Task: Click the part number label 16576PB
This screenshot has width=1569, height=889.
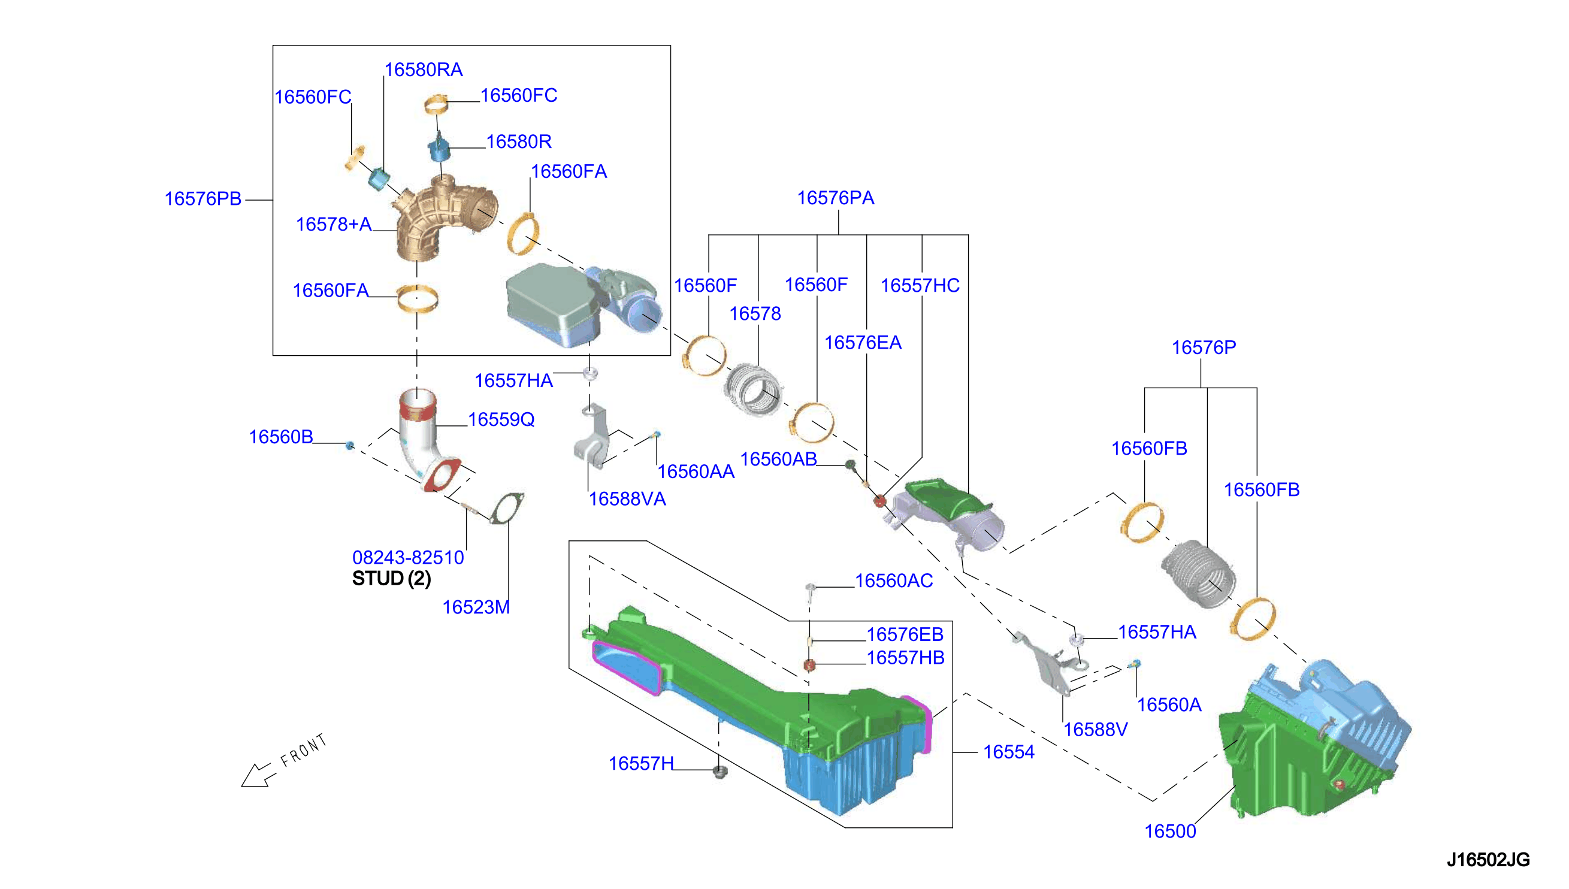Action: click(202, 199)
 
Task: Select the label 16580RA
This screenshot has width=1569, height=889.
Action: click(423, 69)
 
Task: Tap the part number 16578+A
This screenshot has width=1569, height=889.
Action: click(333, 225)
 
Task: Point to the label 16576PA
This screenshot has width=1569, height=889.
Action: click(835, 198)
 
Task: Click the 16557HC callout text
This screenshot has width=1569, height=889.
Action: click(920, 285)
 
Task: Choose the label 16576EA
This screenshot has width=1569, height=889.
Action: click(863, 343)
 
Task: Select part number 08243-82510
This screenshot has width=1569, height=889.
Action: click(408, 558)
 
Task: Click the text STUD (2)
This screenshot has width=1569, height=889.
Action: click(391, 578)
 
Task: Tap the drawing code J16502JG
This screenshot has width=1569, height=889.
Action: click(1488, 860)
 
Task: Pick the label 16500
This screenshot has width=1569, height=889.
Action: click(1170, 831)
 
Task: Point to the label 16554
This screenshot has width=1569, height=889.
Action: click(1008, 752)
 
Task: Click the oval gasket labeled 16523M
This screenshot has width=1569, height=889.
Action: click(507, 508)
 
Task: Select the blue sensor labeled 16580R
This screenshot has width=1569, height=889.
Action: click(439, 148)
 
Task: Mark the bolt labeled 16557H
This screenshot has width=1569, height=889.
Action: click(720, 772)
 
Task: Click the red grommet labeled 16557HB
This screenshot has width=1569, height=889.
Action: click(809, 665)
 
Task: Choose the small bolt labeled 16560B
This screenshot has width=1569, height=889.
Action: click(350, 445)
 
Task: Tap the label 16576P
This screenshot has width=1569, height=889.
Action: click(1204, 347)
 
